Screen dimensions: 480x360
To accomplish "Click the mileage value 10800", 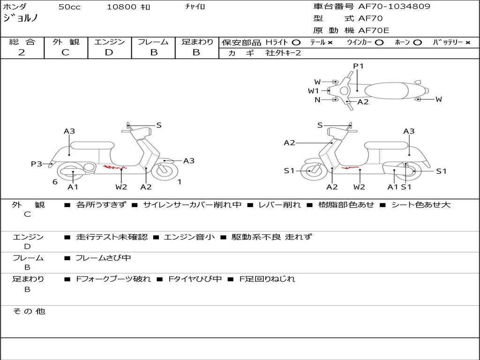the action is coord(121,7).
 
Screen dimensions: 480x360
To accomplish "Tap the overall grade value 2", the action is coord(22,52).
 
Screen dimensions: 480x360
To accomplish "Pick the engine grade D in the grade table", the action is coord(109,52).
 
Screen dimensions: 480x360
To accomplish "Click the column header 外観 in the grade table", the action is coord(66,42).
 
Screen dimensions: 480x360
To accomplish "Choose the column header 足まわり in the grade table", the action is coord(197,42).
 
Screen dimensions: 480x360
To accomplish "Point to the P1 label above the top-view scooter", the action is coord(358,66).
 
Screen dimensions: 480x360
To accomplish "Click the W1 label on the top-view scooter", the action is coord(313,91).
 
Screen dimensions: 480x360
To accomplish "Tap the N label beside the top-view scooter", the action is coord(317,99).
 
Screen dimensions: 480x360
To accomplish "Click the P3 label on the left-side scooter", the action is coord(36,164).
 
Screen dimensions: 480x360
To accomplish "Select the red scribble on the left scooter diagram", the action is coord(114,166).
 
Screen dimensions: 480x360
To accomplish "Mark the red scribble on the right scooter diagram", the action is coord(349,167).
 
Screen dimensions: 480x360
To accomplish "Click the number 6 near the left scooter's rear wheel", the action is coord(55,182).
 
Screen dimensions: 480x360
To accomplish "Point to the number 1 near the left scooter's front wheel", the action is coord(180,182).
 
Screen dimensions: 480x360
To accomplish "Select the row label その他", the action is coord(29,311).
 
